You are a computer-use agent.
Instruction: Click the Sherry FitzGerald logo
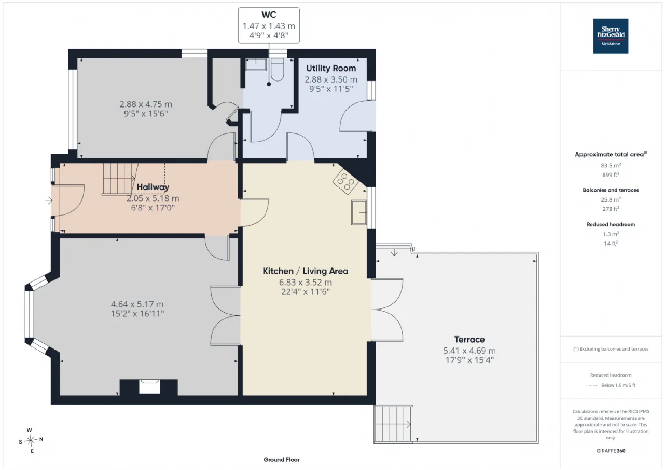click(611, 36)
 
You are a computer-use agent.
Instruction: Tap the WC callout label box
click(269, 25)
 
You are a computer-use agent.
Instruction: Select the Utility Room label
click(331, 68)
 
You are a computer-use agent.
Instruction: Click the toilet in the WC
click(278, 70)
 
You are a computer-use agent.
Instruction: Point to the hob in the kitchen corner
click(345, 181)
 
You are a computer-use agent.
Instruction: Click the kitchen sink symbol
click(359, 212)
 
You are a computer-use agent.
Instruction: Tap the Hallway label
click(153, 187)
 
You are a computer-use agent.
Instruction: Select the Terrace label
click(469, 340)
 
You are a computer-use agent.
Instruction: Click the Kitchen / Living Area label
click(306, 271)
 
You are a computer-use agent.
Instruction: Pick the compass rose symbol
click(31, 440)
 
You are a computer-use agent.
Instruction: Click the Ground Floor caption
click(281, 460)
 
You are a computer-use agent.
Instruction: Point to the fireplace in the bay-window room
click(150, 387)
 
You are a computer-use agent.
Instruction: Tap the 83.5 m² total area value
click(611, 165)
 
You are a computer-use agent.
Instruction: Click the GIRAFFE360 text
click(611, 451)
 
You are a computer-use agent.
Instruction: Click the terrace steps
click(393, 424)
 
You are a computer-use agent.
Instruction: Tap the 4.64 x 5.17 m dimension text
click(137, 304)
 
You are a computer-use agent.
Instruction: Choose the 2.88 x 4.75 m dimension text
click(146, 104)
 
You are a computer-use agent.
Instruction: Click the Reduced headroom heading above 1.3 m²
click(611, 225)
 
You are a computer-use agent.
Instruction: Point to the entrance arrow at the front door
click(49, 200)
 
